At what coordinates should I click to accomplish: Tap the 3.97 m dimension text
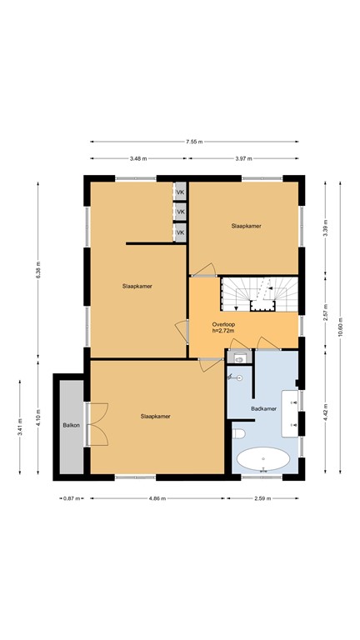pyautogui.click(x=243, y=158)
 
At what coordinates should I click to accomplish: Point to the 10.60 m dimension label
pyautogui.click(x=340, y=327)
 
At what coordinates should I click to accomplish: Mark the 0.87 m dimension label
pyautogui.click(x=70, y=498)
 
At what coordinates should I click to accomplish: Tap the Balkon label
pyautogui.click(x=70, y=426)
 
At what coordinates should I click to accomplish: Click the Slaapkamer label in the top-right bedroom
pyautogui.click(x=246, y=226)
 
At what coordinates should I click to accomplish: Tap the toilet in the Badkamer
pyautogui.click(x=237, y=434)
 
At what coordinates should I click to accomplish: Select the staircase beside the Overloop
pyautogui.click(x=258, y=293)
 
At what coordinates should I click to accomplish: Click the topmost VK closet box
pyautogui.click(x=179, y=192)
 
